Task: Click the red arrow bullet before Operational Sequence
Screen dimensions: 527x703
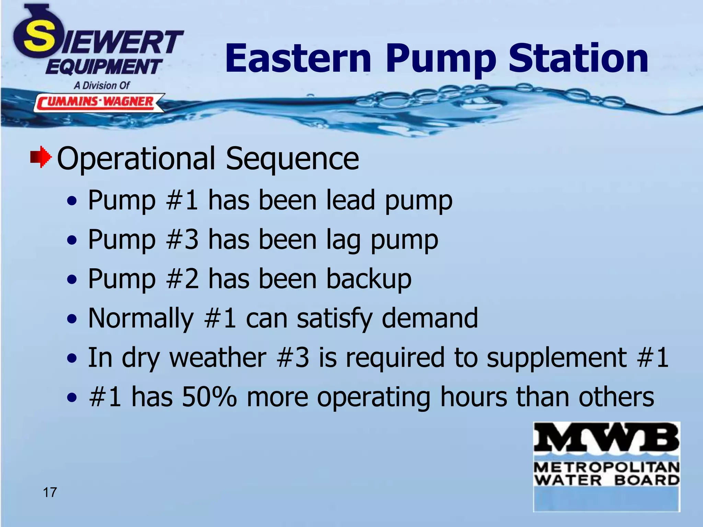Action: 41,157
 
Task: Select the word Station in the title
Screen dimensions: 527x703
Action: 578,58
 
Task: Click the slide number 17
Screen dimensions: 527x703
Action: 50,492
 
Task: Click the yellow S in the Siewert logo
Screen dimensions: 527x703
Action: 39,38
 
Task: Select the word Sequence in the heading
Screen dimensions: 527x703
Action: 292,158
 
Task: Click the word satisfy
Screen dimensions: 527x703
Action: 334,318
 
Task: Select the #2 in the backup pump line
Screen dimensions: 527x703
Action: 182,279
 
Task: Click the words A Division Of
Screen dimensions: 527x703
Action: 102,85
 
